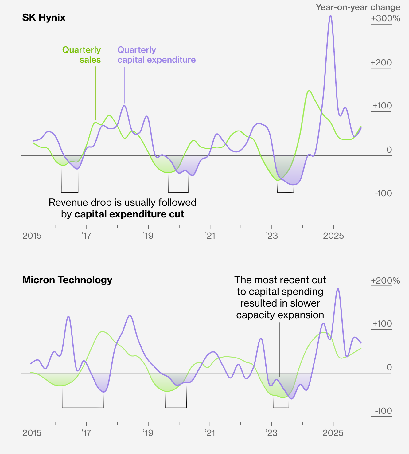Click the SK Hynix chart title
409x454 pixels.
44,18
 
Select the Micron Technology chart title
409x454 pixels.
67,280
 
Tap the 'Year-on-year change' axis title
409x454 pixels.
358,7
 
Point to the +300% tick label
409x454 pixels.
385,18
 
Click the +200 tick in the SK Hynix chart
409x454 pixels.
381,63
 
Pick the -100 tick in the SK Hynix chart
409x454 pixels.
383,194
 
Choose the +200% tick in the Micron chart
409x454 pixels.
385,281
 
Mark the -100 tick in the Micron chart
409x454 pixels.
383,411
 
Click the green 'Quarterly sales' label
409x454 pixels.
82,55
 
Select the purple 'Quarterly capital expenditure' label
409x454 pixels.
156,55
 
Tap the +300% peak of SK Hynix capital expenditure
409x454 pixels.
330,16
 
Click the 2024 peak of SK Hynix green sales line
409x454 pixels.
309,91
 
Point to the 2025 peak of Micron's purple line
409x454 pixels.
338,289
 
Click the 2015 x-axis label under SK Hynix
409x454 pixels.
32,236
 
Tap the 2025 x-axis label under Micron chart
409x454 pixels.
333,433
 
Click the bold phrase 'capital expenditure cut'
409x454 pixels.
129,214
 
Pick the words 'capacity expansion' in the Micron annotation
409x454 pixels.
280,315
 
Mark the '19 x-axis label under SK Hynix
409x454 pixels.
148,236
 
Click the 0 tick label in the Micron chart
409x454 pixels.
389,367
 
